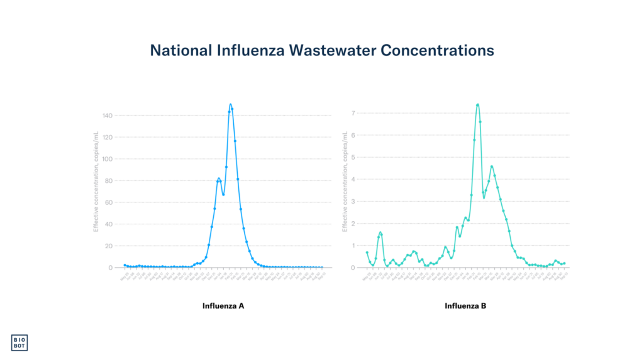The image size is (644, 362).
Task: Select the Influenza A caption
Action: [x=223, y=306]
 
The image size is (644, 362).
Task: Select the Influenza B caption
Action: [x=465, y=306]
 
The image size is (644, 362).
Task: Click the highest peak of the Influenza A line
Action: [x=231, y=104]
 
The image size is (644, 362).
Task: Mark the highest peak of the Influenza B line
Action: [x=478, y=104]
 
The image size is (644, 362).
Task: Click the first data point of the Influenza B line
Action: [x=367, y=253]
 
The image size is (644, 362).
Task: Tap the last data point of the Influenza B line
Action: [x=565, y=263]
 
